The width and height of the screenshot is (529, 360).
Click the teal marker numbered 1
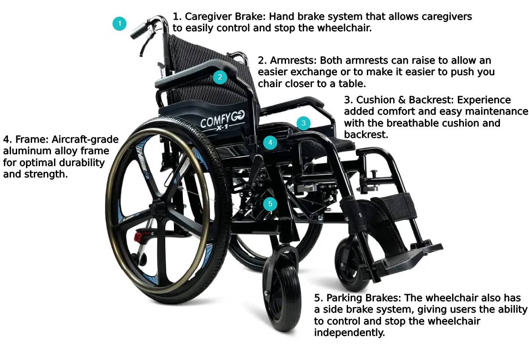tap(120, 23)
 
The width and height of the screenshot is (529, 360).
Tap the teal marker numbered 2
tap(220, 78)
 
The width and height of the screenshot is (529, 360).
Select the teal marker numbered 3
tap(303, 123)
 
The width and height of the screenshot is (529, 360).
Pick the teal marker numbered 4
tap(270, 143)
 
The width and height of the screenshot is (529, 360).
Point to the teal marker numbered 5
tap(270, 204)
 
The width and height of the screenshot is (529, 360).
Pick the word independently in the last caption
tap(349, 332)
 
